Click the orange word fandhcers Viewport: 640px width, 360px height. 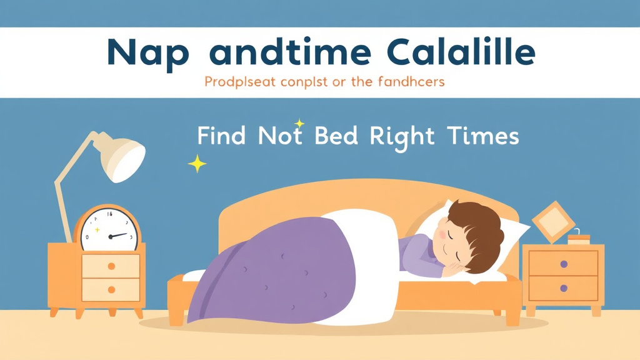410,82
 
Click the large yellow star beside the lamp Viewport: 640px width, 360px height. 197,164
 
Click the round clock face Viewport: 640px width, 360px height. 107,230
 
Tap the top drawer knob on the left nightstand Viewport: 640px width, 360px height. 111,266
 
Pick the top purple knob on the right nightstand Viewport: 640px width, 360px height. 564,264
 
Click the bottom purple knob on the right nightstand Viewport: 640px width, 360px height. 564,289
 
